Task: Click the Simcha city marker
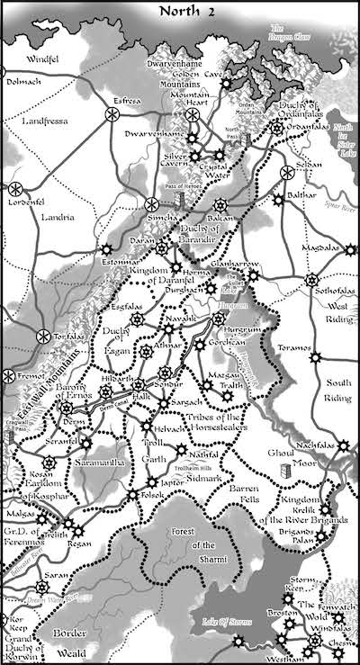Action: [152, 205]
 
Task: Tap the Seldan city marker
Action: [287, 173]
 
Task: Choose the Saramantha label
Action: [111, 460]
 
